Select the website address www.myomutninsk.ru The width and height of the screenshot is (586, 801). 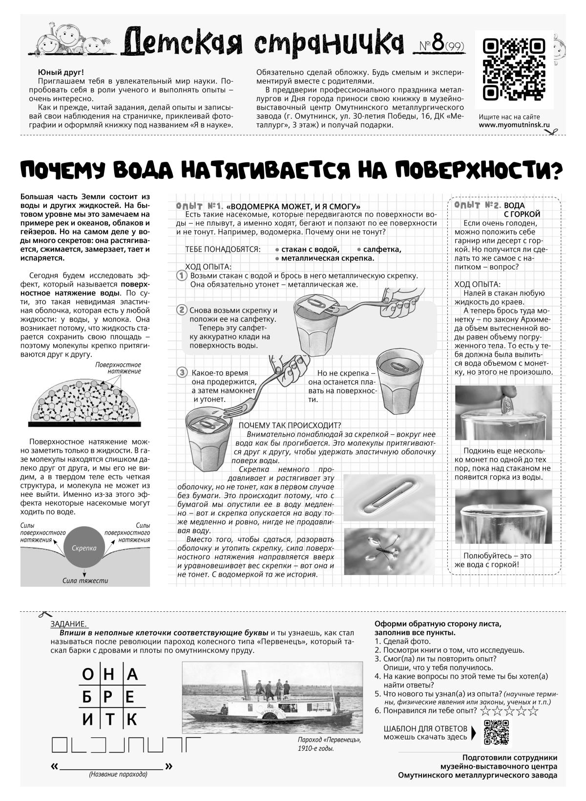tap(514, 125)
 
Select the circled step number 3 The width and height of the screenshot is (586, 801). tap(182, 373)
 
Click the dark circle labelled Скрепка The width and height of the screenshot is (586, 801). tap(84, 548)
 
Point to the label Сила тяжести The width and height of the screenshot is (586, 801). tap(85, 581)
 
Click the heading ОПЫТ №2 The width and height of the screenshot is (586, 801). tap(477, 205)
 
